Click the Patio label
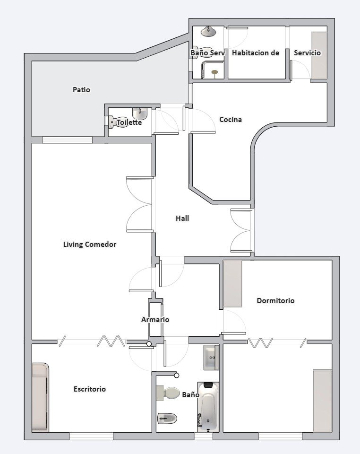coord(81,90)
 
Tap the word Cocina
coord(231,119)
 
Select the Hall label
coord(182,218)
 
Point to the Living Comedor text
coord(90,244)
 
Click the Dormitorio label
coord(275,301)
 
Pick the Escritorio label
coord(90,389)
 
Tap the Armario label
coord(155,319)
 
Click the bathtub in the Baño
coord(208,407)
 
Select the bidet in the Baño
coord(167,419)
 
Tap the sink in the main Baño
coord(211,358)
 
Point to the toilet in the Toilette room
coord(113,122)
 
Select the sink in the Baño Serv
coord(208,32)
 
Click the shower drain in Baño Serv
coord(214,72)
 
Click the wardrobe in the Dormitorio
coord(232,283)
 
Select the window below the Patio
coord(68,140)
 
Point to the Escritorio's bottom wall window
coord(91,436)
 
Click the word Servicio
coord(308,52)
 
